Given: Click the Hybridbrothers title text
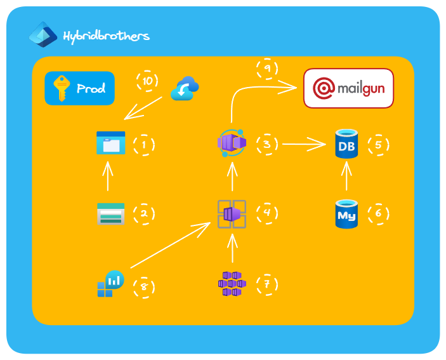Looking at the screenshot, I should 106,36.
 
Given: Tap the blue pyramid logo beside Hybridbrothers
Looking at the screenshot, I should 43,35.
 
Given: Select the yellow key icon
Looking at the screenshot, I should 61,88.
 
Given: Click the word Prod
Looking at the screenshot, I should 91,89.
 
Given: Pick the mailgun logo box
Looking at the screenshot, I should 349,88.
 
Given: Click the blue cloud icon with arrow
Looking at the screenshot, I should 185,89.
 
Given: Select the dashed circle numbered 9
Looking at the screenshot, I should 267,68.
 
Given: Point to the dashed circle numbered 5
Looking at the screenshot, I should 379,145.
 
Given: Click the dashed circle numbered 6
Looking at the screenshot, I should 379,214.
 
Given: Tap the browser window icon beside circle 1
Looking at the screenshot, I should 110,143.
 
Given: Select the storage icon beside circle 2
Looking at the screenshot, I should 110,214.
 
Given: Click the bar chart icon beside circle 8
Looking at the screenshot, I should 110,284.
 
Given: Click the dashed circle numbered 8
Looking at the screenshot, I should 144,286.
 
